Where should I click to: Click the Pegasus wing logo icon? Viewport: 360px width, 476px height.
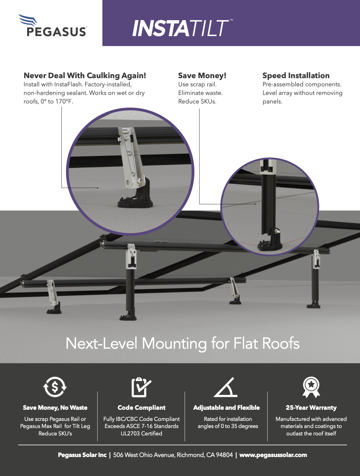coord(28,20)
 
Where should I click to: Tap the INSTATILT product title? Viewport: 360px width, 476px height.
coord(182,28)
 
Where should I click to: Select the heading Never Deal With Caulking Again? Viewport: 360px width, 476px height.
coord(85,76)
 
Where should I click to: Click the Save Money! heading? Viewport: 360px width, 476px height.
coord(202,76)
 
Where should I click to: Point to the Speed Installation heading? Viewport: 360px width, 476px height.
coord(296,76)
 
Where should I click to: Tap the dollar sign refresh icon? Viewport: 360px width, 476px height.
coord(55,387)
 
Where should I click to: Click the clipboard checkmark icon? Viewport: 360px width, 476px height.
coord(141,387)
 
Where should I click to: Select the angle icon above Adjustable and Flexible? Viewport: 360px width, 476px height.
coord(226,388)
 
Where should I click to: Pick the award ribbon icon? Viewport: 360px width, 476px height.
coord(311,387)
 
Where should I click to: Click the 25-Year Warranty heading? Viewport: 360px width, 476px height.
coord(311,408)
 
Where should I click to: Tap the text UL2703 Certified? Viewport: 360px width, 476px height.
coord(141,433)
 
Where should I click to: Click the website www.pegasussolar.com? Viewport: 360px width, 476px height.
coord(273,455)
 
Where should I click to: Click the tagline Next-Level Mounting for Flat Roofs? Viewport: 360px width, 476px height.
coord(182,343)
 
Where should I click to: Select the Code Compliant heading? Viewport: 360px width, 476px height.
coord(141,408)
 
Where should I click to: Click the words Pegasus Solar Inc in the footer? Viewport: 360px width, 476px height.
coord(82,455)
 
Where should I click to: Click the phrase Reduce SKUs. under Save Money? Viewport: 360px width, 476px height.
coord(197,102)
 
